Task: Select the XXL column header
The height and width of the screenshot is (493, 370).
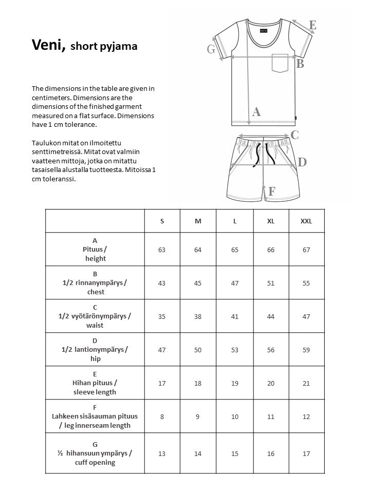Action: pyautogui.click(x=306, y=221)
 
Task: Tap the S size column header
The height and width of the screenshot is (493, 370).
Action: pyautogui.click(x=162, y=221)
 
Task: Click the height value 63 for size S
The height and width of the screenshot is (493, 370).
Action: pyautogui.click(x=162, y=250)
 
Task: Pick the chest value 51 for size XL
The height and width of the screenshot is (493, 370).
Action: pyautogui.click(x=271, y=283)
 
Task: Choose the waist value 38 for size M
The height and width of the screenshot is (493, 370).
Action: pyautogui.click(x=198, y=316)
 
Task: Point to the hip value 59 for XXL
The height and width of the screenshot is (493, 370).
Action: pyautogui.click(x=306, y=350)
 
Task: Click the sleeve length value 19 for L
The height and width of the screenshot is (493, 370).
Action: pyautogui.click(x=235, y=383)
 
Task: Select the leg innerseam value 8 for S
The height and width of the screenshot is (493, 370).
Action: pyautogui.click(x=162, y=416)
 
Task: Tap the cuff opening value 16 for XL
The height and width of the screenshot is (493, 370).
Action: pyautogui.click(x=271, y=453)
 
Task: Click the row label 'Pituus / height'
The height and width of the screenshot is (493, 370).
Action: pyautogui.click(x=95, y=250)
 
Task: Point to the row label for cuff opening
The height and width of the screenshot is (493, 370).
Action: pyautogui.click(x=95, y=453)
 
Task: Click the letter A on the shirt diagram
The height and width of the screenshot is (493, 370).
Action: pyautogui.click(x=256, y=111)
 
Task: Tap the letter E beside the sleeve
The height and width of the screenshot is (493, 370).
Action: pyautogui.click(x=312, y=25)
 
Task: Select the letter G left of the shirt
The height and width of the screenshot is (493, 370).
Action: pyautogui.click(x=211, y=49)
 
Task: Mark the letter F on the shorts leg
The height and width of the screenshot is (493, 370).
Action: pyautogui.click(x=272, y=192)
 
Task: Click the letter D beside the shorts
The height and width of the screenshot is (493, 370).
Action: pyautogui.click(x=302, y=162)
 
